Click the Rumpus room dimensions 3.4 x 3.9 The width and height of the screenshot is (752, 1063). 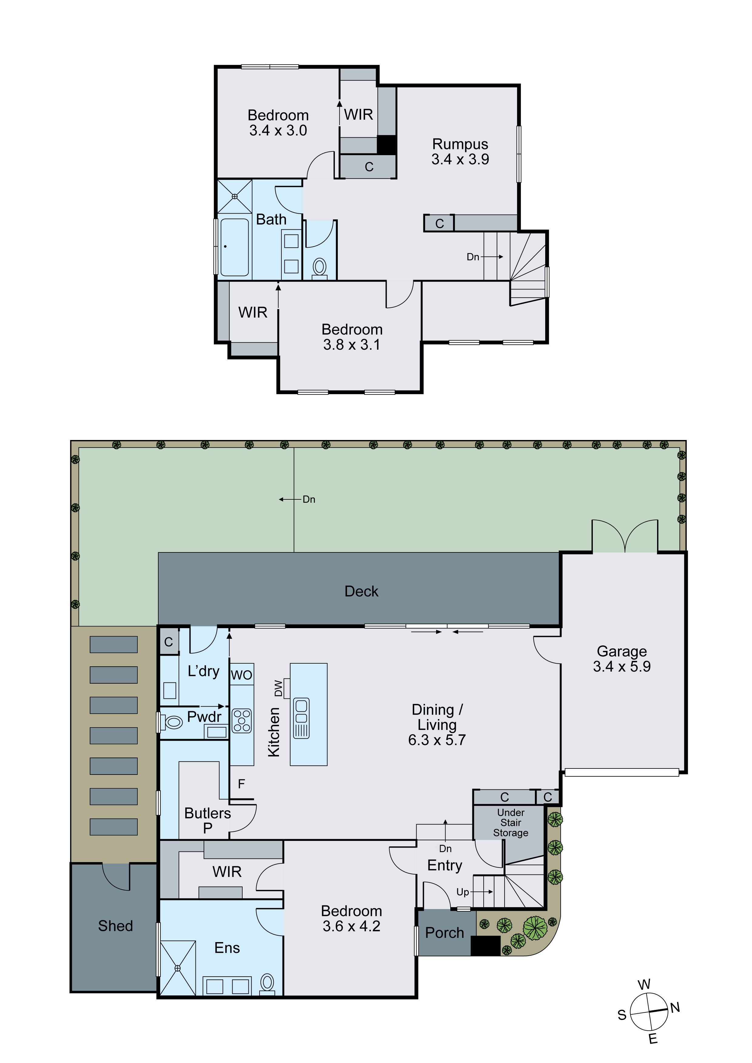460,159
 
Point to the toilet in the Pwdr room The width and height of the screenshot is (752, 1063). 173,722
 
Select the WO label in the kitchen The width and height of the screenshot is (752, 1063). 241,675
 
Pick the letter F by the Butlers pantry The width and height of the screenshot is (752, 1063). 241,784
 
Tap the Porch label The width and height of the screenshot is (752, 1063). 444,933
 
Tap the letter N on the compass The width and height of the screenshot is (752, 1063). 675,1008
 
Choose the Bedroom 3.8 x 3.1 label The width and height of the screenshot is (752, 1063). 352,337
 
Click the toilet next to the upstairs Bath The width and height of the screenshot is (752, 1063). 320,268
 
